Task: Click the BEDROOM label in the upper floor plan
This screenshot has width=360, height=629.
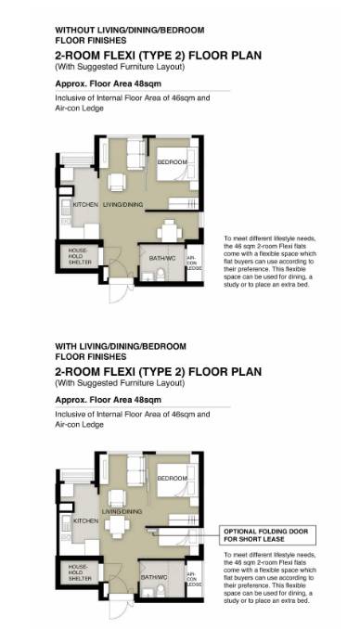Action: tap(173, 162)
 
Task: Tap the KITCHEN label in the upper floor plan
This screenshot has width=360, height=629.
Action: tap(85, 205)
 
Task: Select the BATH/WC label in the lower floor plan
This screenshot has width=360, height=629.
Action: tap(154, 577)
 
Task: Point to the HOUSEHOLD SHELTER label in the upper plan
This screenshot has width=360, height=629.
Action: tap(80, 256)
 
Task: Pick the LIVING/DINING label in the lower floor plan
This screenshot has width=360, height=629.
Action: tap(122, 511)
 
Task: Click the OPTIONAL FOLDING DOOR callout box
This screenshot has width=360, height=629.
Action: tap(268, 534)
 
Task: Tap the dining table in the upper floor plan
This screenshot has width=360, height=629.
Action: tap(170, 231)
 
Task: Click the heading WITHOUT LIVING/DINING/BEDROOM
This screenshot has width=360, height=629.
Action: tap(130, 30)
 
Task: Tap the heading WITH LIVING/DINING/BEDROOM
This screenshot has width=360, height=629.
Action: tap(121, 346)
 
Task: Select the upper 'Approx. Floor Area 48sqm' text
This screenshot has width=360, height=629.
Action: tap(109, 83)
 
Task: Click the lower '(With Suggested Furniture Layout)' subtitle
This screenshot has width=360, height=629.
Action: tap(120, 383)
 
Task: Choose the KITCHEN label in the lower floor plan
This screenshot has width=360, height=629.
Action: tap(85, 520)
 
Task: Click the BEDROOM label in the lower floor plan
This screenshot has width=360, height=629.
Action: tap(173, 478)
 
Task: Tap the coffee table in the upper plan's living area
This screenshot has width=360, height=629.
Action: tap(117, 182)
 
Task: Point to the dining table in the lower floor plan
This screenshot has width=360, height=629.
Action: tap(117, 524)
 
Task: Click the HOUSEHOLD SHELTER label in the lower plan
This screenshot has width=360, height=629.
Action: tap(80, 572)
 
